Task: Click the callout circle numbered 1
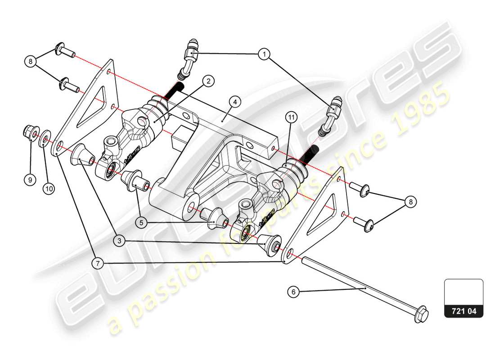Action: (x=265, y=54)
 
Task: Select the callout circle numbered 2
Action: (x=208, y=81)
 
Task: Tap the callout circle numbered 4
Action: (x=234, y=102)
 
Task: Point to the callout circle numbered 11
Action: (x=292, y=117)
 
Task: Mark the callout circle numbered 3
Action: (x=119, y=241)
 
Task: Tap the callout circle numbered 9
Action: (x=30, y=180)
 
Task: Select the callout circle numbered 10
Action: (x=49, y=189)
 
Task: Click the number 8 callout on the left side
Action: (x=31, y=62)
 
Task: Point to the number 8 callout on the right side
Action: (x=410, y=202)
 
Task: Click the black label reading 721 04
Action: (x=464, y=311)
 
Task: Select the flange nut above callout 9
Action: (x=30, y=134)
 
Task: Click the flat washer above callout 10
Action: (x=45, y=138)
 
